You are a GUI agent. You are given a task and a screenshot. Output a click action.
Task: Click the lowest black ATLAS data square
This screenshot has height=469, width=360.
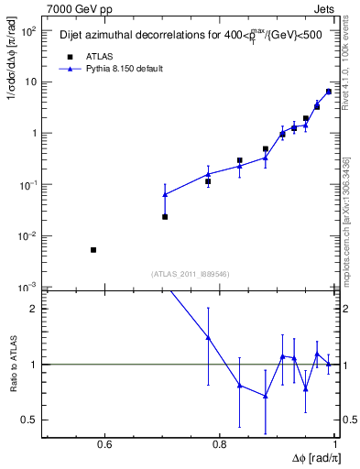(93, 250)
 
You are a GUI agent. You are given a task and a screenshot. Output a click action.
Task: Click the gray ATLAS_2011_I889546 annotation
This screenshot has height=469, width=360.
(191, 275)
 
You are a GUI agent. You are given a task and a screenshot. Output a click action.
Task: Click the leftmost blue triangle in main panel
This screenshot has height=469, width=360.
(165, 194)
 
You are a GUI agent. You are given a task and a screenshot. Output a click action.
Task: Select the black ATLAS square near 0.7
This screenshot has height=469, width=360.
(165, 217)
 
